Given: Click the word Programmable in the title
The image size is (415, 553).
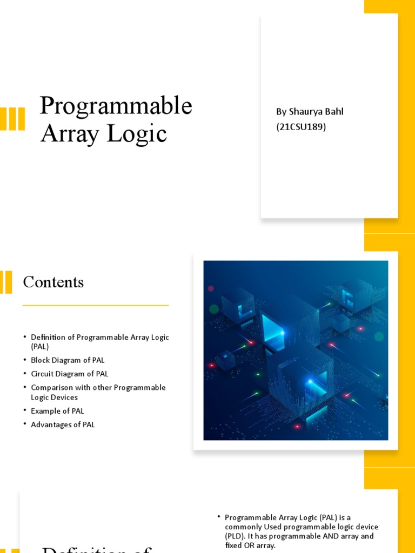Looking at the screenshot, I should click(116, 106).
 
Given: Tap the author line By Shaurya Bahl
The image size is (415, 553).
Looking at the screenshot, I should click(310, 112).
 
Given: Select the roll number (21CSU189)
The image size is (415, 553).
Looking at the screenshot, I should click(301, 127).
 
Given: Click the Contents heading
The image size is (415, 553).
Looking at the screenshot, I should click(53, 282).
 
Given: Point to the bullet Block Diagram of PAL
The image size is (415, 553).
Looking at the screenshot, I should click(68, 360).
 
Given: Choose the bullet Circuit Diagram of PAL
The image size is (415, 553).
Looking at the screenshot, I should click(70, 374).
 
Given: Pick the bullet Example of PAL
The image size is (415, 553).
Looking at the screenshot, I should click(57, 411).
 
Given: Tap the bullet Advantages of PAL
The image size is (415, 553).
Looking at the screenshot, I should click(63, 424).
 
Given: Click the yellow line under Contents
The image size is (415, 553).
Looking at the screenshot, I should click(96, 306).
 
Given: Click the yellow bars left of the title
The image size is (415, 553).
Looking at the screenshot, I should click(12, 119).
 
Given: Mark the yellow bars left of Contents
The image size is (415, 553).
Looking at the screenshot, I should click(6, 282).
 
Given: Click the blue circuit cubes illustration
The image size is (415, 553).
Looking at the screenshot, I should click(296, 350).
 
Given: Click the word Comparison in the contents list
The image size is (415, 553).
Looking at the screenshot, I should click(52, 388).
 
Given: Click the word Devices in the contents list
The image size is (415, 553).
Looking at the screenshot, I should click(65, 397).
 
